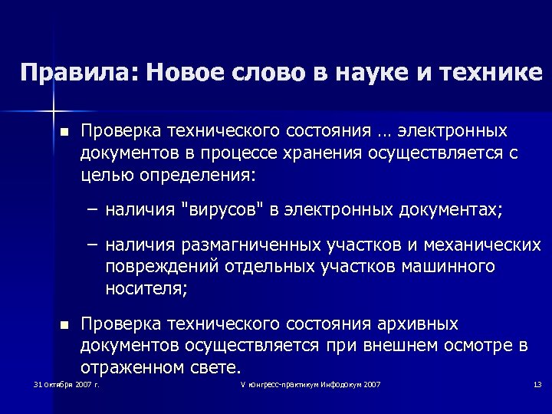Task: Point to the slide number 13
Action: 537,384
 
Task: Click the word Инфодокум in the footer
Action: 341,384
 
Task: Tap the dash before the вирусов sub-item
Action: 92,207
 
